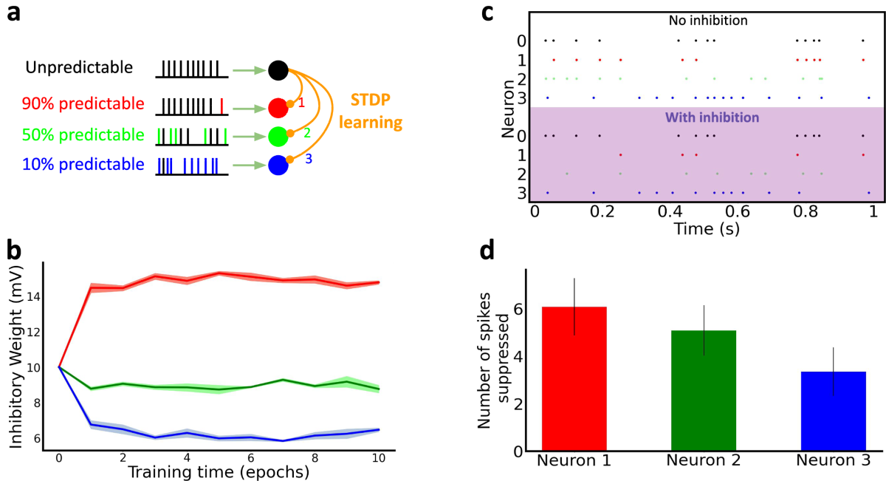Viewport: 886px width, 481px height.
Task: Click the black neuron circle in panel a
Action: point(278,70)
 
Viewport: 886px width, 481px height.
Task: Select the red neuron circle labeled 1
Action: point(278,108)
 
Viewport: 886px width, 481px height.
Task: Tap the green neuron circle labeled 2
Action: point(278,136)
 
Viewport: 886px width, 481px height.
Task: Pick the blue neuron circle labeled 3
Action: point(278,165)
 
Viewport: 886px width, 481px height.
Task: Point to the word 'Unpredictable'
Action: point(79,68)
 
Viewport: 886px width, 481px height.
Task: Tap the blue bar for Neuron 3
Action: point(833,411)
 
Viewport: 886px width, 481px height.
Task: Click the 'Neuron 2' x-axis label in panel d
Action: point(703,462)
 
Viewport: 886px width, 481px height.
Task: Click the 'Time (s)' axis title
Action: point(707,229)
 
